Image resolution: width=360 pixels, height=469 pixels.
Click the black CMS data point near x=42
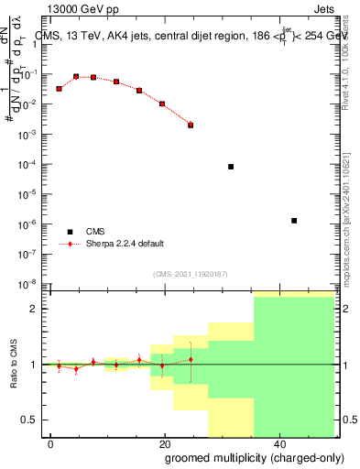pyautogui.click(x=293, y=221)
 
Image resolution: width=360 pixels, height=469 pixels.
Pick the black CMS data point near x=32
pyautogui.click(x=231, y=167)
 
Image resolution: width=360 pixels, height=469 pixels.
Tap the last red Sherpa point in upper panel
pyautogui.click(x=191, y=125)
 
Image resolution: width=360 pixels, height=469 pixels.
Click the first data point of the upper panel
pyautogui.click(x=59, y=89)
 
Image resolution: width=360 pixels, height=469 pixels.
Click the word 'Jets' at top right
pyautogui.click(x=338, y=10)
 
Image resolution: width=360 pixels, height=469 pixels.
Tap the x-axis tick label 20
pyautogui.click(x=163, y=443)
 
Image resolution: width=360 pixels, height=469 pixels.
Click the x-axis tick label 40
pyautogui.click(x=276, y=443)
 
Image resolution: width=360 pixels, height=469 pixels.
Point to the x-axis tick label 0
pyautogui.click(x=51, y=443)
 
